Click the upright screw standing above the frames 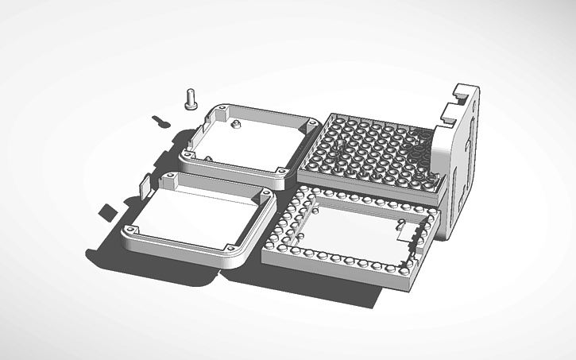click(190, 99)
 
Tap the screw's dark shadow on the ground click(160, 122)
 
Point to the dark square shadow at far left click(106, 211)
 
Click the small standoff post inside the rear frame click(235, 124)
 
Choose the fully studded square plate click(373, 151)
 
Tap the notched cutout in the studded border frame click(409, 230)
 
